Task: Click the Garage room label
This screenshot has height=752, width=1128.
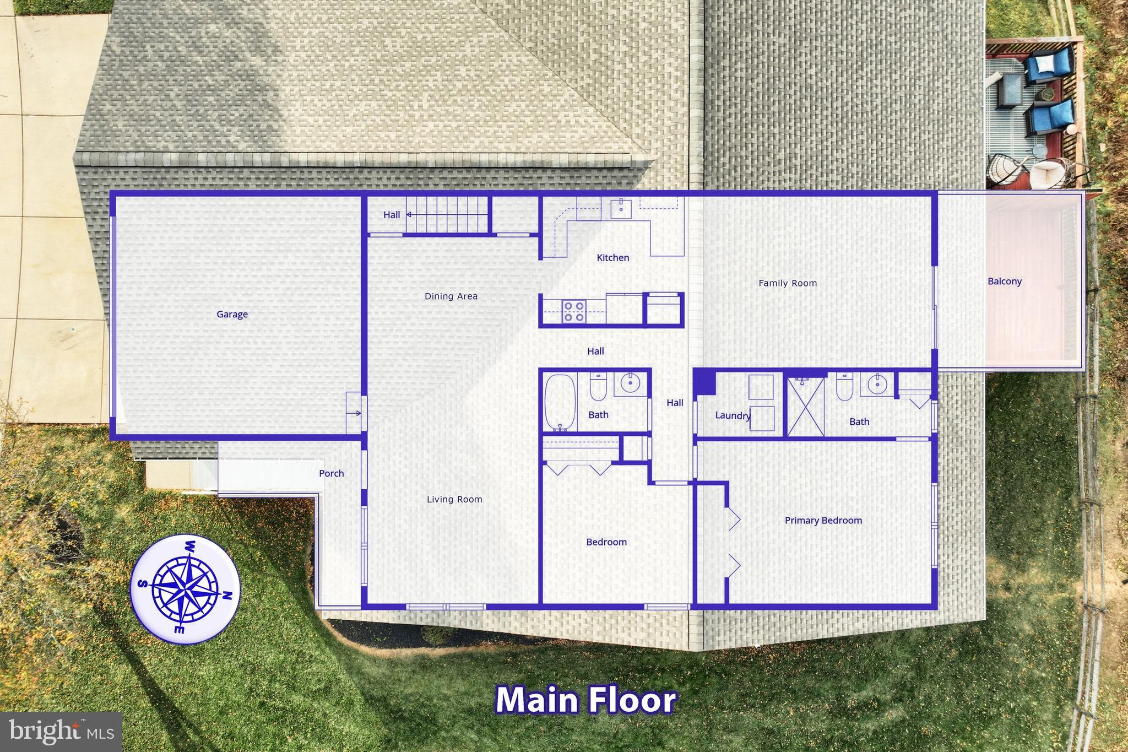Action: click(x=232, y=315)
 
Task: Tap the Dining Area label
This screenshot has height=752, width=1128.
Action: click(x=451, y=296)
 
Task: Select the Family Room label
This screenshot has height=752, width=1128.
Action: click(x=788, y=283)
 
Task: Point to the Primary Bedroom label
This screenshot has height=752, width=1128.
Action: click(x=823, y=521)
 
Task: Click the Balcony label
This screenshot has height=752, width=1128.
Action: click(x=1004, y=282)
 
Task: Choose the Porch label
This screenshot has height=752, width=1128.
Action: click(x=331, y=473)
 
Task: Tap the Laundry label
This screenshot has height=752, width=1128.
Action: click(x=733, y=415)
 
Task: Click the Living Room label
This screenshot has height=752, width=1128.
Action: click(x=454, y=500)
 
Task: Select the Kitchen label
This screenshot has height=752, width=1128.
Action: click(x=612, y=258)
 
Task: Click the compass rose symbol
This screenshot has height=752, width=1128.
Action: click(x=185, y=589)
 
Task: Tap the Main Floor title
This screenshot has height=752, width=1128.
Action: click(x=586, y=700)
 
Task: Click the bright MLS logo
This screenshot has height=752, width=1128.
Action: click(x=61, y=732)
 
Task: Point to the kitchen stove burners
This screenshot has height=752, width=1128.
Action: click(x=573, y=311)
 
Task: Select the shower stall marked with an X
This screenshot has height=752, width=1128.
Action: click(x=805, y=407)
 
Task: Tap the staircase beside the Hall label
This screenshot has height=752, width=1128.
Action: click(x=447, y=215)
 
